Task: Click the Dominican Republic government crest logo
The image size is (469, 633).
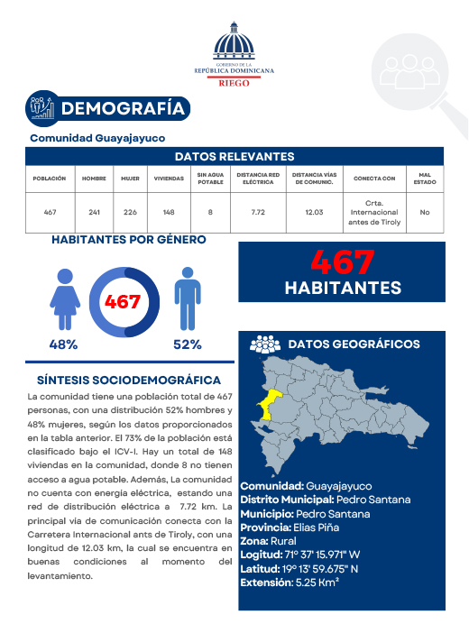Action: click(234, 43)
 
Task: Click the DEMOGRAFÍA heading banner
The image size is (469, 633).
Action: click(124, 109)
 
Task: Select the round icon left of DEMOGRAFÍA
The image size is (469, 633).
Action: click(41, 107)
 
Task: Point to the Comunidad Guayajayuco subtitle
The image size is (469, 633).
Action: click(97, 139)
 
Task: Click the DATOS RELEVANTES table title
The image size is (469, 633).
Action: click(234, 156)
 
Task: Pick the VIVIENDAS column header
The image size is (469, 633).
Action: click(169, 179)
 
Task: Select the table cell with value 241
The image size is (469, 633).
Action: click(95, 212)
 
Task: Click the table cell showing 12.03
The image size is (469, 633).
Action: click(314, 212)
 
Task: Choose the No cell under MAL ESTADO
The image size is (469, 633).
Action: click(425, 212)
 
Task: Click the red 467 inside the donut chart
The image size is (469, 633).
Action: click(123, 301)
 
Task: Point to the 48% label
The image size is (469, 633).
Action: click(63, 344)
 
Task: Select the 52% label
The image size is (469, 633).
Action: click(187, 344)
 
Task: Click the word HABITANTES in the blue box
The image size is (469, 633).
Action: click(343, 288)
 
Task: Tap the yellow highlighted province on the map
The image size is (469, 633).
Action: click(269, 408)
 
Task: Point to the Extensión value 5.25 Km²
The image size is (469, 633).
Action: click(316, 583)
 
